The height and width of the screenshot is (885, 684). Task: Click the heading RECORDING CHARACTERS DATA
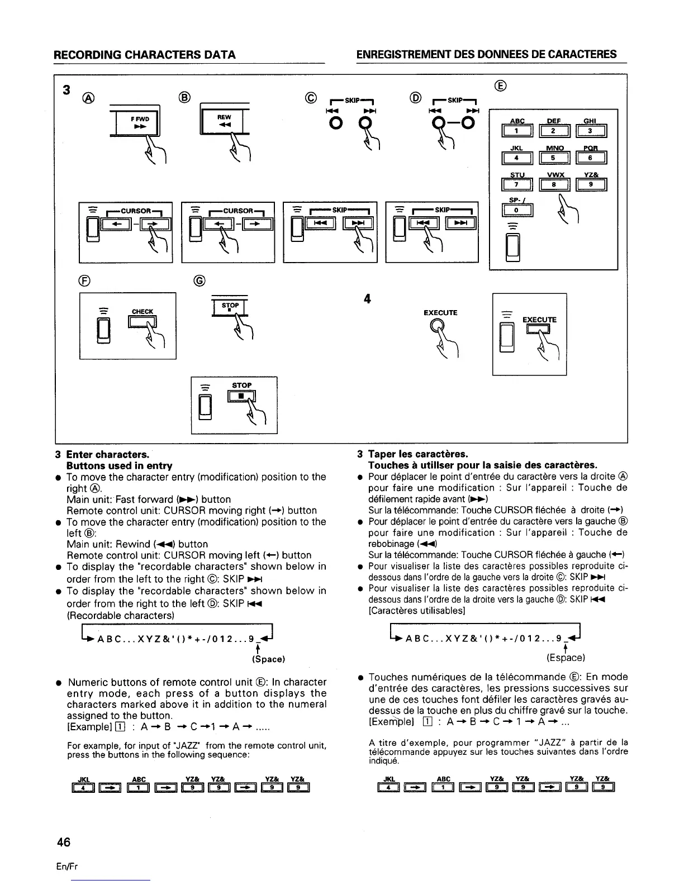coord(144,54)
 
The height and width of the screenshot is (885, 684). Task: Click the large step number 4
coord(367,299)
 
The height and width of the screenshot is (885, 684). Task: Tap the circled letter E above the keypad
coord(500,85)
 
